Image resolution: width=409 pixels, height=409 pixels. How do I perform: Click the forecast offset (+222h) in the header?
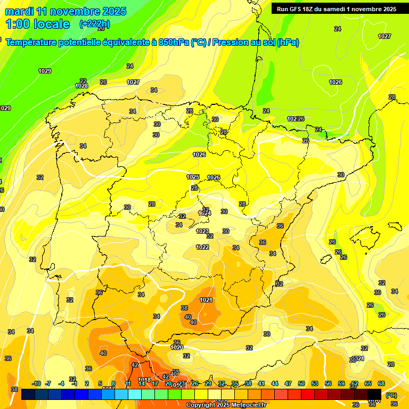tap(95, 24)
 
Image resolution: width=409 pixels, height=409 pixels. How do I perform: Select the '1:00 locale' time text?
tap(37, 24)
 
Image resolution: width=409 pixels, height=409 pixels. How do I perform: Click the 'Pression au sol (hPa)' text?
tap(256, 43)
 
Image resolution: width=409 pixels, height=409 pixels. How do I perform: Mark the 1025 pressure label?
tap(193, 177)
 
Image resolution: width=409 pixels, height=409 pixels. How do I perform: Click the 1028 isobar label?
tap(81, 86)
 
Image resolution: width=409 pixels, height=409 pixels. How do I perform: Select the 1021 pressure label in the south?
tap(207, 300)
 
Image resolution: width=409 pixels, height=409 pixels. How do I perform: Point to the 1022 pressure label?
tap(202, 247)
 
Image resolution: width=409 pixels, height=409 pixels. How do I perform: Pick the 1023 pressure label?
tap(202, 232)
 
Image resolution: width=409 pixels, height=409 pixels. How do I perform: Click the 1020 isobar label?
tap(177, 348)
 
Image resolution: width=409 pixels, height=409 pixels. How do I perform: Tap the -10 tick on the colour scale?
tap(36, 383)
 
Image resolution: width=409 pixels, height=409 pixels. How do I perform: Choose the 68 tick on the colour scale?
tap(381, 383)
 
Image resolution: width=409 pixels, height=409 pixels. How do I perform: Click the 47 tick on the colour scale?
tap(288, 383)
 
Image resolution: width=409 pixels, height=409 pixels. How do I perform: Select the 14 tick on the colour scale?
tap(142, 383)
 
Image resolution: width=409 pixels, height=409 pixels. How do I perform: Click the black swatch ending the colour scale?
tap(374, 395)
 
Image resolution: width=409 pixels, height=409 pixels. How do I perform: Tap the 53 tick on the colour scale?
tap(315, 383)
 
